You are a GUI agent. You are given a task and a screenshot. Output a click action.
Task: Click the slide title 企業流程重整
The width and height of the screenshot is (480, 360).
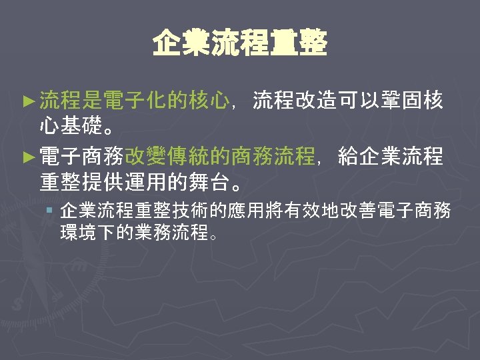(x=240, y=45)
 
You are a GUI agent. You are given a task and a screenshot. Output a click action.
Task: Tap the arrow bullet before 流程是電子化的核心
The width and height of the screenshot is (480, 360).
(x=27, y=101)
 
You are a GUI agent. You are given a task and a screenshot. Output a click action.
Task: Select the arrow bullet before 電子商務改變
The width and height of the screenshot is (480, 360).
(x=27, y=157)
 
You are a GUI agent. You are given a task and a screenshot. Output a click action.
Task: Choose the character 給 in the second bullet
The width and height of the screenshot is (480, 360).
(x=349, y=157)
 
